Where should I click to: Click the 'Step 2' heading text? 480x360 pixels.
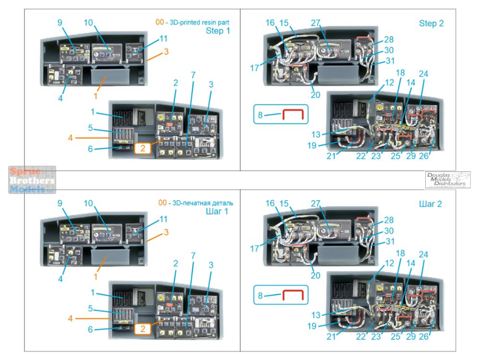tap(431, 24)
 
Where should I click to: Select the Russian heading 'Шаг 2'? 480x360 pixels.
tap(430, 204)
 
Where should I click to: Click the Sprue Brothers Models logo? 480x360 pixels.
tap(32, 180)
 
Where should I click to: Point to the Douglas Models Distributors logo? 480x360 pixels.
tap(448, 179)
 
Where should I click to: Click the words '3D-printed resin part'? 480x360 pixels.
tap(199, 22)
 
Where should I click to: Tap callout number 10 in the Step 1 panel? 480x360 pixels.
tap(88, 23)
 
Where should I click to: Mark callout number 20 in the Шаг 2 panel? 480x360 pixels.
tap(315, 276)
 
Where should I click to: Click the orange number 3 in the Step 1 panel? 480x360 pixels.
tap(166, 51)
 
